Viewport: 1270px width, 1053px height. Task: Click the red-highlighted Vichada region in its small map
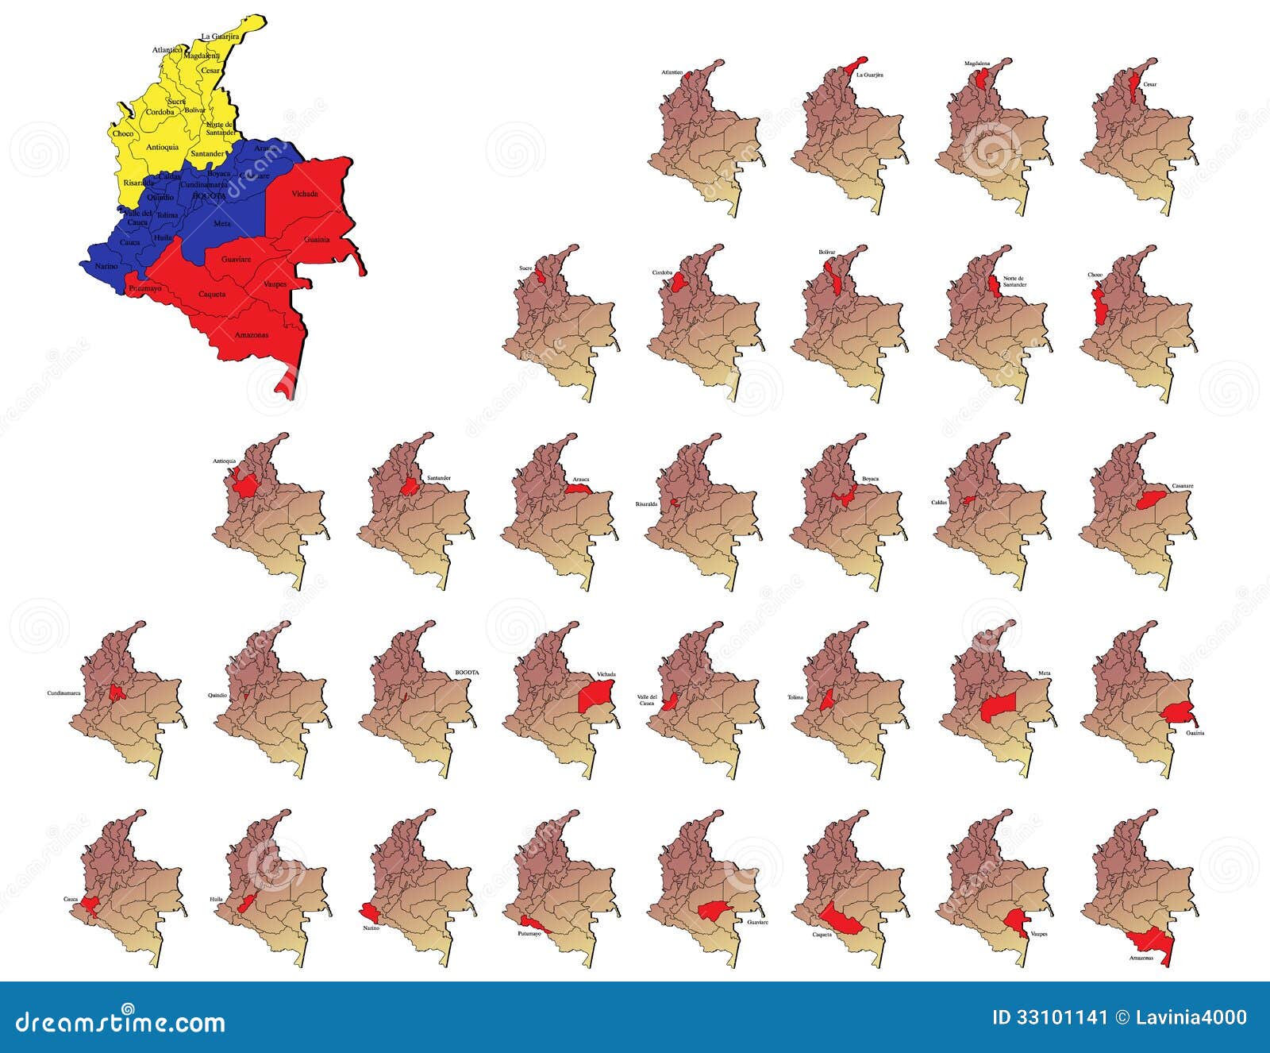pyautogui.click(x=595, y=696)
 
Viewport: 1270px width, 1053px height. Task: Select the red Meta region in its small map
pyautogui.click(x=998, y=705)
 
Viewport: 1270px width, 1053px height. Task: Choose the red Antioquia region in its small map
pyautogui.click(x=245, y=484)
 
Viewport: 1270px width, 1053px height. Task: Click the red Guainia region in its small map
pyautogui.click(x=1178, y=712)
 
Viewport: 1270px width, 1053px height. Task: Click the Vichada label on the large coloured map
pyautogui.click(x=305, y=194)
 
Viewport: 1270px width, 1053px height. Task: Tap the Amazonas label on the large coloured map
pyautogui.click(x=252, y=335)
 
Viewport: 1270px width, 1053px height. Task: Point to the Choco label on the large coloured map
pyautogui.click(x=123, y=133)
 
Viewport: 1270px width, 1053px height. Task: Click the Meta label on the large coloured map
pyautogui.click(x=222, y=224)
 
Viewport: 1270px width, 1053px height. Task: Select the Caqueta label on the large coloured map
pyautogui.click(x=212, y=294)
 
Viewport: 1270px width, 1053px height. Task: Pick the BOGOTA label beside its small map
pyautogui.click(x=467, y=673)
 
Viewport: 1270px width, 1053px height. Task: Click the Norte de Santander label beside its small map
pyautogui.click(x=1014, y=281)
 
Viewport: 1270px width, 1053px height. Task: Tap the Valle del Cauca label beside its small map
pyautogui.click(x=647, y=700)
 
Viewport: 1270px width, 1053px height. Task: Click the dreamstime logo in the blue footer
pyautogui.click(x=121, y=1022)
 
